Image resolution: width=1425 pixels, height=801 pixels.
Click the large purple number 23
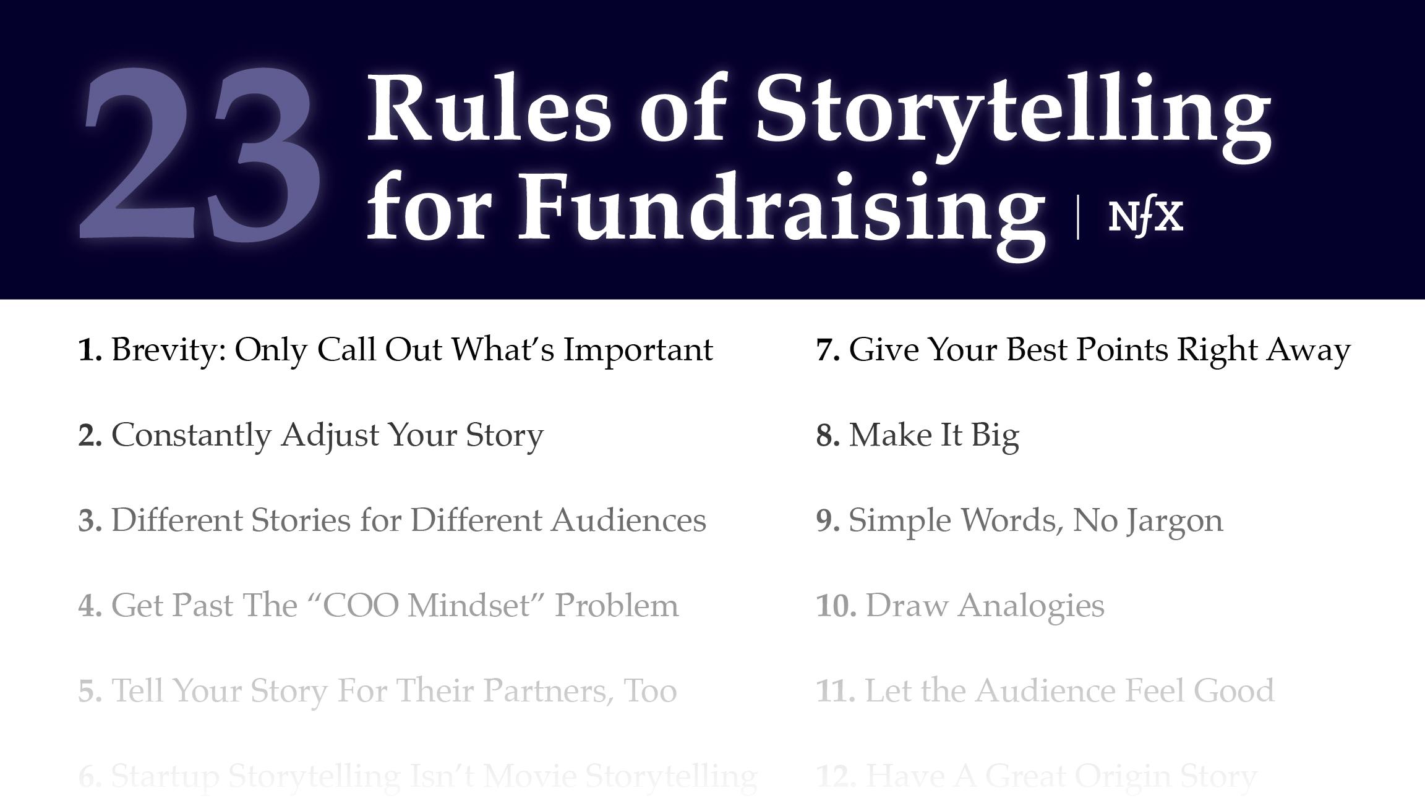[201, 155]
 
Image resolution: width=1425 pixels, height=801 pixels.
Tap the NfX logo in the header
[1145, 216]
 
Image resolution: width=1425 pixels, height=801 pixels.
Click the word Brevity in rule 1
[168, 350]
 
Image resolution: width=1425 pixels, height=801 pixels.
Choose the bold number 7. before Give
[828, 350]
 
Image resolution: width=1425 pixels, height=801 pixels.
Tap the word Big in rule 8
[995, 436]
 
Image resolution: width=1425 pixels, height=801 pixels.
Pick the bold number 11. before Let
[836, 691]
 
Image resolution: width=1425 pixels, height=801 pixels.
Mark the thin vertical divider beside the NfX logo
[1078, 216]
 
